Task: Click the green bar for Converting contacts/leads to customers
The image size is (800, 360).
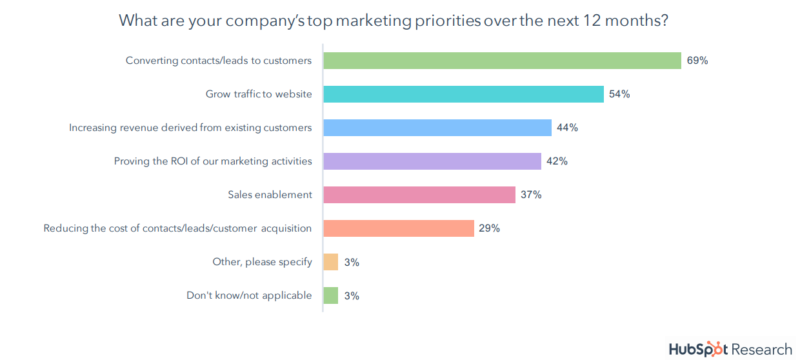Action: point(502,61)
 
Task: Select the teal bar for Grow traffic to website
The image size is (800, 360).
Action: point(463,94)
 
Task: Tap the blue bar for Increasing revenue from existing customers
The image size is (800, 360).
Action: point(437,128)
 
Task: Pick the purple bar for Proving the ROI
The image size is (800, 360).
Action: point(432,161)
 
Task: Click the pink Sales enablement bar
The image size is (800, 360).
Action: point(419,195)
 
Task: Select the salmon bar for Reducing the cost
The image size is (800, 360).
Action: point(399,228)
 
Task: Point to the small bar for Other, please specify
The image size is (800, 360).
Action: point(330,262)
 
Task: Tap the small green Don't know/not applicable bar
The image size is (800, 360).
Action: point(330,295)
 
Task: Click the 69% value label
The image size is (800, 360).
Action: point(697,61)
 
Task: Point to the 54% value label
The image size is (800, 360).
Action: point(619,94)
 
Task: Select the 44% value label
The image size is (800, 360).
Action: point(567,128)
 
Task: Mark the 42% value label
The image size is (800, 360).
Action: point(557,161)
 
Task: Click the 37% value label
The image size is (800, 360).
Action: point(531,195)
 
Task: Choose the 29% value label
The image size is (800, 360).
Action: point(489,228)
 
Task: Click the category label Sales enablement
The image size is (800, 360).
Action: point(270,195)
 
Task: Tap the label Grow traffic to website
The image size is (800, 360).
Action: point(259,94)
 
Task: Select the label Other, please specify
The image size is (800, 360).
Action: point(262,262)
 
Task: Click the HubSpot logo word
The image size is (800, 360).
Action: point(699,349)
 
